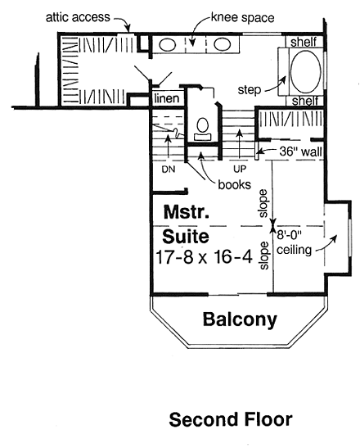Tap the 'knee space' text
[x=237, y=16]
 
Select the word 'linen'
[x=166, y=99]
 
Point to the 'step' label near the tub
[x=250, y=87]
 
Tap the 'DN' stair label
[x=169, y=170]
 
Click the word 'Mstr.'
[x=183, y=211]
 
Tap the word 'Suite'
[x=184, y=238]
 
